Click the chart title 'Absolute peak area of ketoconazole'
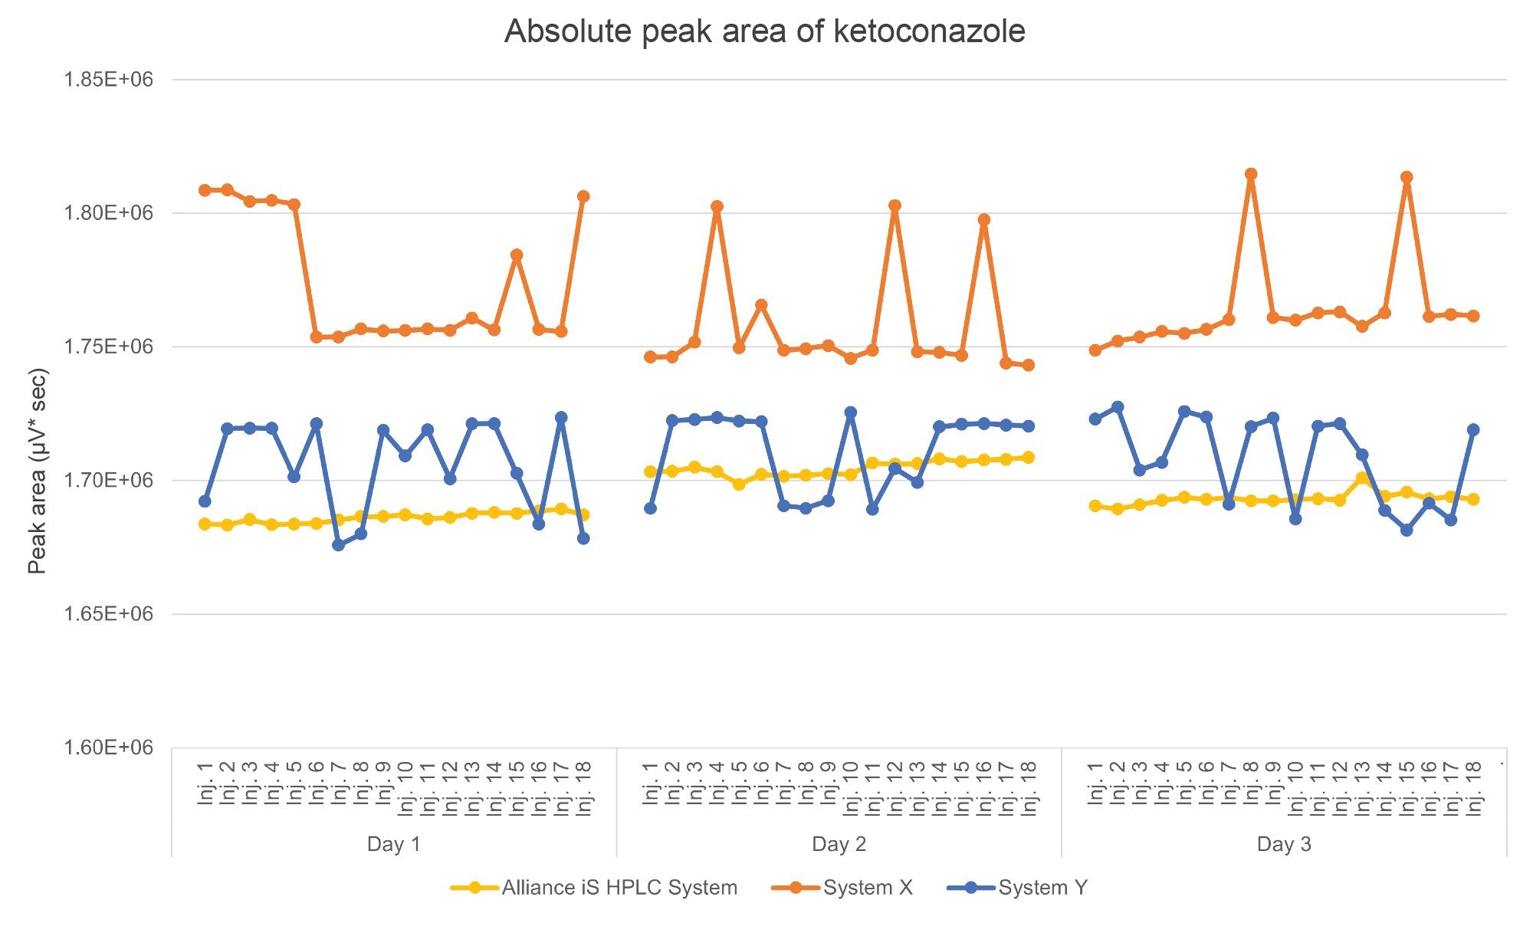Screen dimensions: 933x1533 764,32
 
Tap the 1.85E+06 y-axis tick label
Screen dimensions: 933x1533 108,80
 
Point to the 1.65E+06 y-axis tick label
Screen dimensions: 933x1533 108,614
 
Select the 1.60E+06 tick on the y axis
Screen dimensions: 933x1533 108,747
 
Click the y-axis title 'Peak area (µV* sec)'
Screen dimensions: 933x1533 37,471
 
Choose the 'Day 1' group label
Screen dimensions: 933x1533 393,844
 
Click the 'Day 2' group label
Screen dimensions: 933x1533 839,844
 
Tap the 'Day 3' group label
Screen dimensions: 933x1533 1284,844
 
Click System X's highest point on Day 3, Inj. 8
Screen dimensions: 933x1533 1251,174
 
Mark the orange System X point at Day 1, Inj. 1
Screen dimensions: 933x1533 205,190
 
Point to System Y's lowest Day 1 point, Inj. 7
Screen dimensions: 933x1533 339,545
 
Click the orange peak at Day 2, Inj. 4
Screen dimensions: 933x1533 717,207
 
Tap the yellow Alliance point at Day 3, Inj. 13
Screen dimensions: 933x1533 1362,478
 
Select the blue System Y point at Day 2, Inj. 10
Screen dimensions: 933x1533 850,412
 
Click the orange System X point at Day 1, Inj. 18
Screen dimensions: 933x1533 583,196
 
